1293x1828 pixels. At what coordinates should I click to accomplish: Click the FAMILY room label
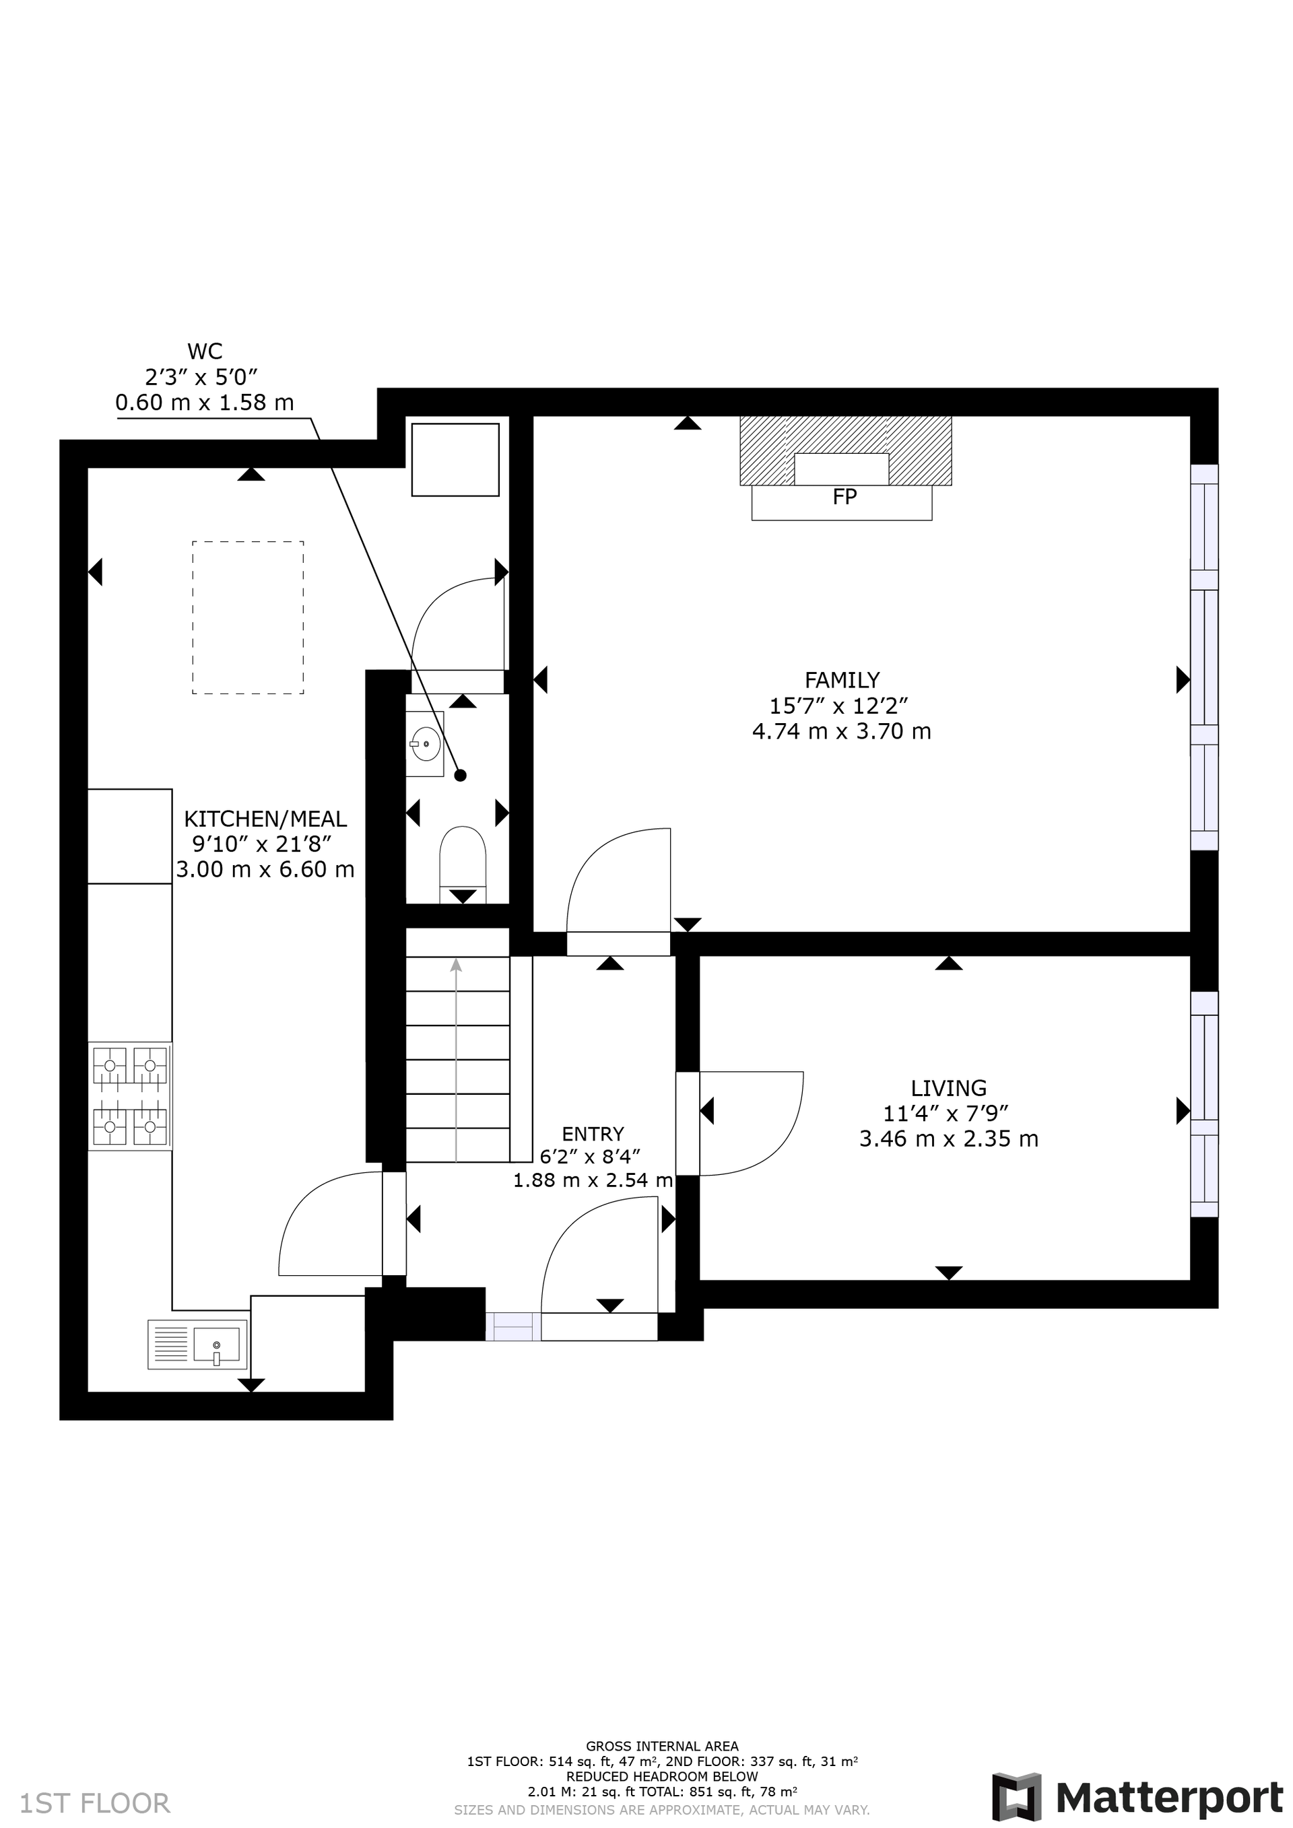(x=842, y=680)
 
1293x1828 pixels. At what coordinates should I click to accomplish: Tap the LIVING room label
(x=948, y=1087)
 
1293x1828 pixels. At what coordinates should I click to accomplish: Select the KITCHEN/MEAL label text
(x=265, y=819)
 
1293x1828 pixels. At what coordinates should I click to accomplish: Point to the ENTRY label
(x=593, y=1134)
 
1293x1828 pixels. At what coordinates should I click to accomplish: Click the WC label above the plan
(x=205, y=351)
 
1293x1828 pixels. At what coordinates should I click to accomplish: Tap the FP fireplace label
(x=844, y=498)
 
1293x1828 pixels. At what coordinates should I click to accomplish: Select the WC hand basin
(x=425, y=743)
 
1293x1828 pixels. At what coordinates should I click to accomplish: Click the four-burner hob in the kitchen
(x=130, y=1096)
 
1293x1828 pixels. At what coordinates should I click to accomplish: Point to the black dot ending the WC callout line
(x=460, y=776)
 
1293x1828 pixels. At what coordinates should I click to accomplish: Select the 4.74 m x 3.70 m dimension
(x=842, y=731)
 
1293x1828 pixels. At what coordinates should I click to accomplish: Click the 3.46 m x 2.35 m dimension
(x=948, y=1139)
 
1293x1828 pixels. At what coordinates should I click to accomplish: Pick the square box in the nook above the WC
(x=455, y=459)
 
